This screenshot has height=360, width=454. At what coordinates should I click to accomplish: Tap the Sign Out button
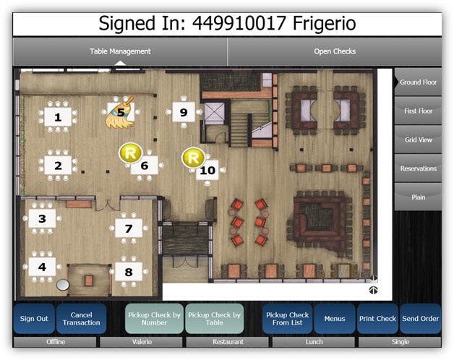[x=34, y=318]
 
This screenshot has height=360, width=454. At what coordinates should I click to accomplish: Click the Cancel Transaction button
[x=82, y=318]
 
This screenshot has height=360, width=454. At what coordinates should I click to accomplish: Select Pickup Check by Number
[x=154, y=318]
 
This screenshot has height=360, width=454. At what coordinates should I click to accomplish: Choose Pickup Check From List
[x=288, y=318]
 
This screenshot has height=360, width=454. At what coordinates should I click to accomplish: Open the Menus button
[x=335, y=318]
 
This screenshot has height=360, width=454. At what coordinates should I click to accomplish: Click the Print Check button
[x=377, y=318]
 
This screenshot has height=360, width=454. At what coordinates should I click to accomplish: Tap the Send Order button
[x=421, y=318]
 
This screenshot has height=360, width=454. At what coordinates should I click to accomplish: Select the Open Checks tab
[x=335, y=51]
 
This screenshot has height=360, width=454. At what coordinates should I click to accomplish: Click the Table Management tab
[x=120, y=51]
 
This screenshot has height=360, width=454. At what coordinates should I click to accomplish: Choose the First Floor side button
[x=418, y=111]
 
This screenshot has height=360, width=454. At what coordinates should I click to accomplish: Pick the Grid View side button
[x=418, y=140]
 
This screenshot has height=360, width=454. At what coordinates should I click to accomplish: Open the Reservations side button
[x=418, y=168]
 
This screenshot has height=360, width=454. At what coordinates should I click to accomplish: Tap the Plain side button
[x=418, y=197]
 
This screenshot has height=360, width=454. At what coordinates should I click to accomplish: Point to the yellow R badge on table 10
[x=193, y=158]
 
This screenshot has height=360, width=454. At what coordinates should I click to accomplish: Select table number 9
[x=184, y=112]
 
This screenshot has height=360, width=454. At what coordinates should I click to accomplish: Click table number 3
[x=42, y=218]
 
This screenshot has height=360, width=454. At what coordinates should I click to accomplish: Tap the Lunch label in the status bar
[x=314, y=342]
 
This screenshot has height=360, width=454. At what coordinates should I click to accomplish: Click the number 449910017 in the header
[x=239, y=23]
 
